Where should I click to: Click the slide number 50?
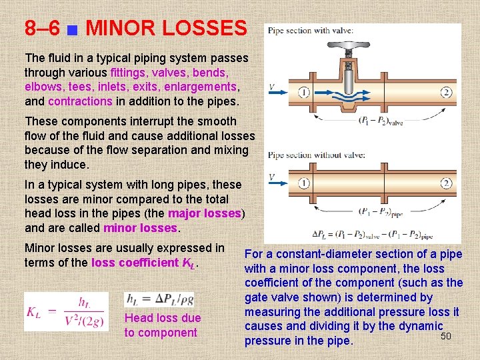pyautogui.click(x=446, y=335)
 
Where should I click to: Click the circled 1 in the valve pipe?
pyautogui.click(x=304, y=92)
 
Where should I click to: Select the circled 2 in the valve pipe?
pyautogui.click(x=446, y=92)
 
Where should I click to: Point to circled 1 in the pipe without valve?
pyautogui.click(x=304, y=183)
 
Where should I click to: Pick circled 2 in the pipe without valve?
pyautogui.click(x=446, y=183)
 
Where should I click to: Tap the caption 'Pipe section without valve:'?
pyautogui.click(x=316, y=155)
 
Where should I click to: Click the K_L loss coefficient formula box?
pyautogui.click(x=65, y=311)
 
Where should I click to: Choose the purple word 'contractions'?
pyautogui.click(x=80, y=101)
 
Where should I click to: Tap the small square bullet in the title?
pyautogui.click(x=73, y=29)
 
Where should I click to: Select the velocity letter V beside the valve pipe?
pyautogui.click(x=271, y=87)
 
